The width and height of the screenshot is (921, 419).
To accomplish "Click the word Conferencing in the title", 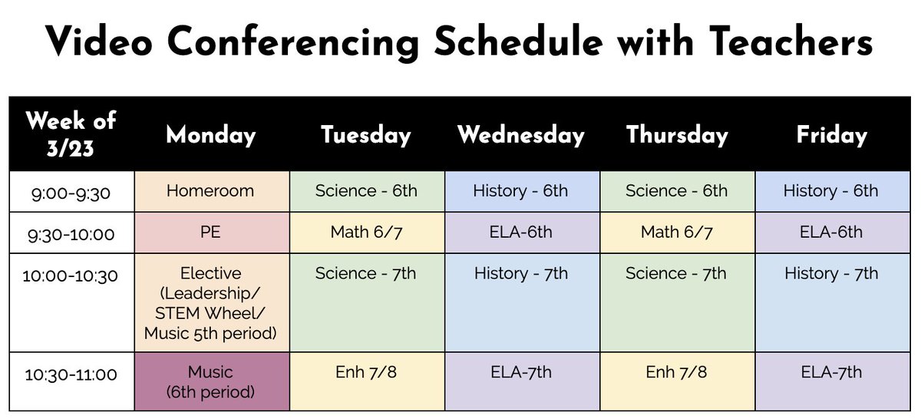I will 295,42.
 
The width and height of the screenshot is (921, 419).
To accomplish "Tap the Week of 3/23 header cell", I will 71,134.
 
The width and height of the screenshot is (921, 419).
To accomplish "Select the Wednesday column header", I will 521,135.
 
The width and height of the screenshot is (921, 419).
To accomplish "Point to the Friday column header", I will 831,135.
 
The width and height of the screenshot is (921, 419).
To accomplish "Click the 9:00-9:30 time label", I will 71,192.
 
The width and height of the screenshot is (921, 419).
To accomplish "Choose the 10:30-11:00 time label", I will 71,374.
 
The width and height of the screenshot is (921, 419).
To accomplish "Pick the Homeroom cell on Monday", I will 210,191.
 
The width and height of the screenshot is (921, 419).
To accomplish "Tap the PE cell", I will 210,232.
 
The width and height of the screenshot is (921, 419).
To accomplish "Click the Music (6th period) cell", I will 210,381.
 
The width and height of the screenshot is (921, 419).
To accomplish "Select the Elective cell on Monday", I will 210,303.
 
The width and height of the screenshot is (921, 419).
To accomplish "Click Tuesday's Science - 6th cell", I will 366,191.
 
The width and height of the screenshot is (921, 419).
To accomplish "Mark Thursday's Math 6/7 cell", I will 676,232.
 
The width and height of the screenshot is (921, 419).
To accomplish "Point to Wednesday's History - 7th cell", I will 521,303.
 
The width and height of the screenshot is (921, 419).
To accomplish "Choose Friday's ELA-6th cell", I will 831,232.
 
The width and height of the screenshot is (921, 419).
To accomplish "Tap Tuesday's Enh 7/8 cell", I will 366,381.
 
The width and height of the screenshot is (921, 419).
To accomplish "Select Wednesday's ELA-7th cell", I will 521,381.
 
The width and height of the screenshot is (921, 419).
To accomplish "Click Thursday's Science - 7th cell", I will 676,303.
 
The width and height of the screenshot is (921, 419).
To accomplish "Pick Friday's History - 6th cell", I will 831,191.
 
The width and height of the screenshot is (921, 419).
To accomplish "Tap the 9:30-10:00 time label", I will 71,233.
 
